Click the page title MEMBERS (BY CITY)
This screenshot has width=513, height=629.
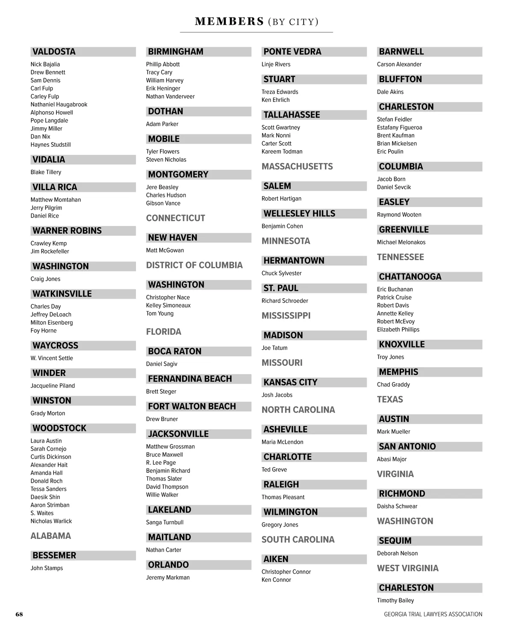[x=256, y=21]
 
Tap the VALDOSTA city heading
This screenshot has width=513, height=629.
[x=54, y=52]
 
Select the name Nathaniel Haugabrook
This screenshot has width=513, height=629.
[x=59, y=104]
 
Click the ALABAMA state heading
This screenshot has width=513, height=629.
[x=50, y=536]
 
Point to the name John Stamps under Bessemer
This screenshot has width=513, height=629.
[x=47, y=568]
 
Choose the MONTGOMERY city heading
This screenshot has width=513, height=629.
[x=178, y=175]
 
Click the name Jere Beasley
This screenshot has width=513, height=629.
[x=162, y=187]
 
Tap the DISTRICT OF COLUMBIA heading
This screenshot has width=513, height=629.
[x=194, y=265]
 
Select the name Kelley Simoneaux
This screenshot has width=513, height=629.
[x=168, y=306]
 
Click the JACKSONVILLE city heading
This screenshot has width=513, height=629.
[x=178, y=434]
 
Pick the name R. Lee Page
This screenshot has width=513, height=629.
[x=161, y=463]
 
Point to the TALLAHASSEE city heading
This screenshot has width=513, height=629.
[x=292, y=115]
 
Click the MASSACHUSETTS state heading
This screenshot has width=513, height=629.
[x=297, y=166]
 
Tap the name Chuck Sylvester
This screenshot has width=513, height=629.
[x=281, y=273]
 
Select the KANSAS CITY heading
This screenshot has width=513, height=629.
[x=290, y=382]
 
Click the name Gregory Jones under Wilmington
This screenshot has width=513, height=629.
[x=280, y=525]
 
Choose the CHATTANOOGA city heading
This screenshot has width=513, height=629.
[x=410, y=277]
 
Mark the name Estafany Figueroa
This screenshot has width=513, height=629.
[x=399, y=128]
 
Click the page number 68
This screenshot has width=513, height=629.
[x=19, y=614]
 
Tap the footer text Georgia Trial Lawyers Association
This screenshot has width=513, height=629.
[x=433, y=614]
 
